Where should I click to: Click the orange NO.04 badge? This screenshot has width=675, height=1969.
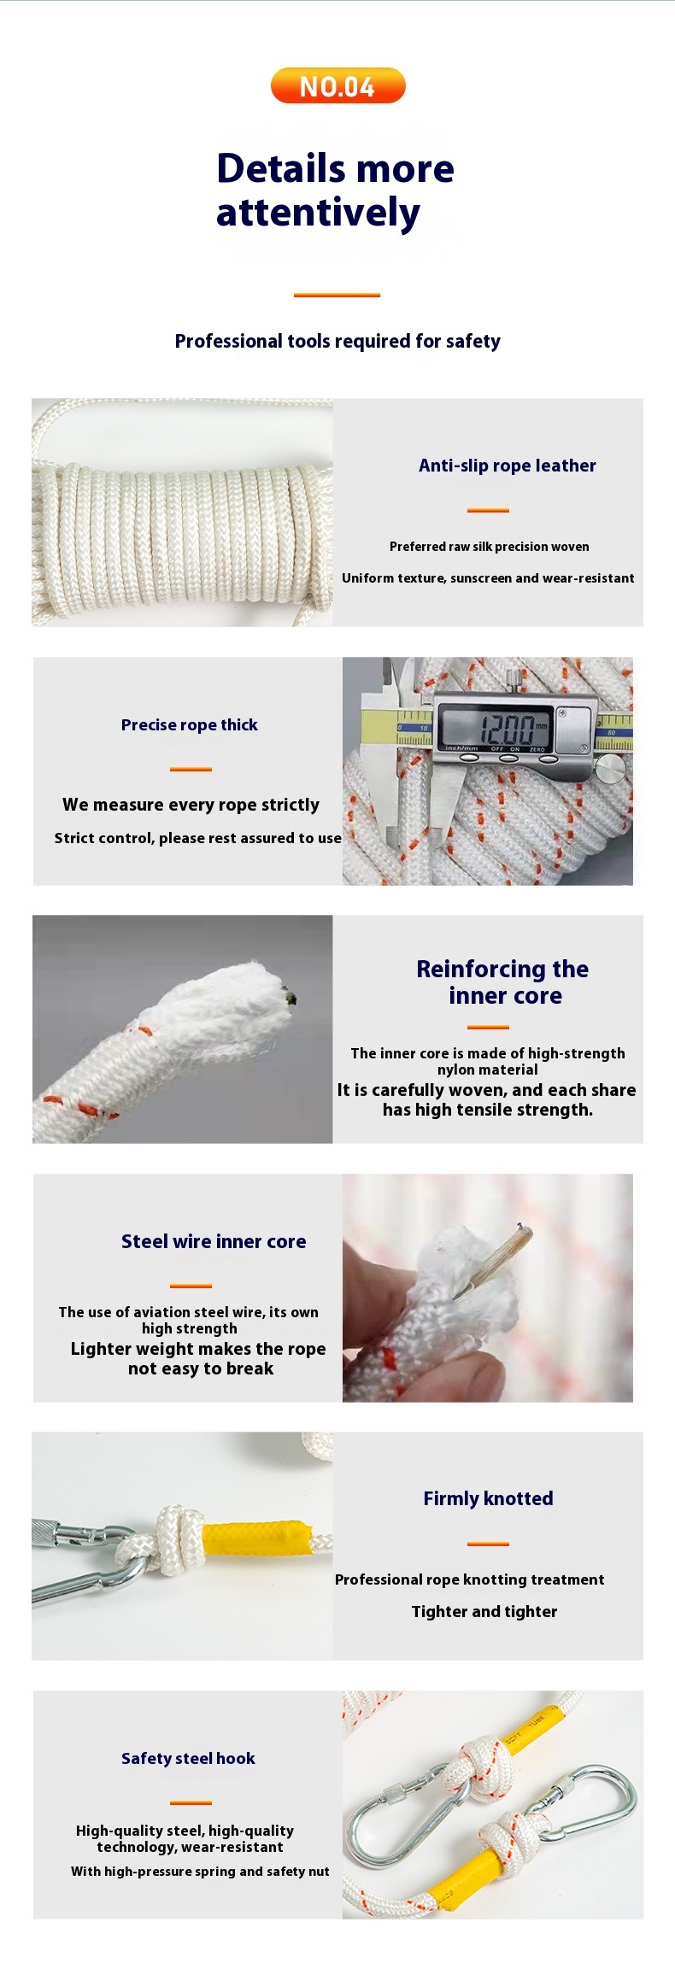tap(337, 85)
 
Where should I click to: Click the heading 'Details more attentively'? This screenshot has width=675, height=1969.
tap(335, 190)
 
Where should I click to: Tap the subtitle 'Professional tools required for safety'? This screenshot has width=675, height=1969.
tap(337, 341)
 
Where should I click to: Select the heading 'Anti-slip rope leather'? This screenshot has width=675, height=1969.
tap(508, 466)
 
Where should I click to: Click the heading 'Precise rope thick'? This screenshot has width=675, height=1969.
tap(189, 724)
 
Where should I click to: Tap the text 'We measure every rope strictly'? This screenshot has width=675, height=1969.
tap(191, 805)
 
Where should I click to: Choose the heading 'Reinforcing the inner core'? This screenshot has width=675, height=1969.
tap(503, 982)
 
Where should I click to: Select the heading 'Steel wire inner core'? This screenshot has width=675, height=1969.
tap(214, 1241)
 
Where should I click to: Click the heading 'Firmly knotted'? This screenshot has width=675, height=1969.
tap(488, 1498)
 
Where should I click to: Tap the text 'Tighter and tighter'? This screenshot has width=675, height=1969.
tap(484, 1612)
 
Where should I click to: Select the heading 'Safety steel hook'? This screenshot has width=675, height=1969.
tap(188, 1758)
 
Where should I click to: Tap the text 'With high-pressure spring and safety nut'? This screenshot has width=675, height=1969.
tap(200, 1872)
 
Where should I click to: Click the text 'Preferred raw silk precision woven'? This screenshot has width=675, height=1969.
tap(490, 547)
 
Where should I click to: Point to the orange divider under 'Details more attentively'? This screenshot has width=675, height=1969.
tap(337, 295)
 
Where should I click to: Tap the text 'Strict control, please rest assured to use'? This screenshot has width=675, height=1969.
tap(197, 838)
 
